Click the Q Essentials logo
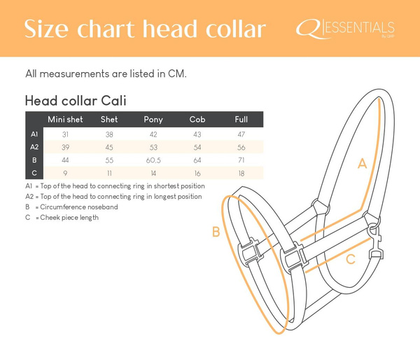point(345,29)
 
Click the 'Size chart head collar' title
point(145,29)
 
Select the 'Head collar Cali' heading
point(75,100)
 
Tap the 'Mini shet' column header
point(65,120)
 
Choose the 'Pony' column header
point(153,120)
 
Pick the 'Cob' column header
point(197,120)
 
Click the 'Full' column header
point(241,120)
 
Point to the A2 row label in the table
point(34,146)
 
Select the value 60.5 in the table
point(153,160)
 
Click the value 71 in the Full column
point(241,160)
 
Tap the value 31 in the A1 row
point(65,133)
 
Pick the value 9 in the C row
point(65,172)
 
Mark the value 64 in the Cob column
point(197,160)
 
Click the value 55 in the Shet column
point(109,160)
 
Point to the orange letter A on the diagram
point(362,164)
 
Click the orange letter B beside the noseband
point(216,232)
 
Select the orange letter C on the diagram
point(351,259)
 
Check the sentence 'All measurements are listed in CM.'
point(105,74)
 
